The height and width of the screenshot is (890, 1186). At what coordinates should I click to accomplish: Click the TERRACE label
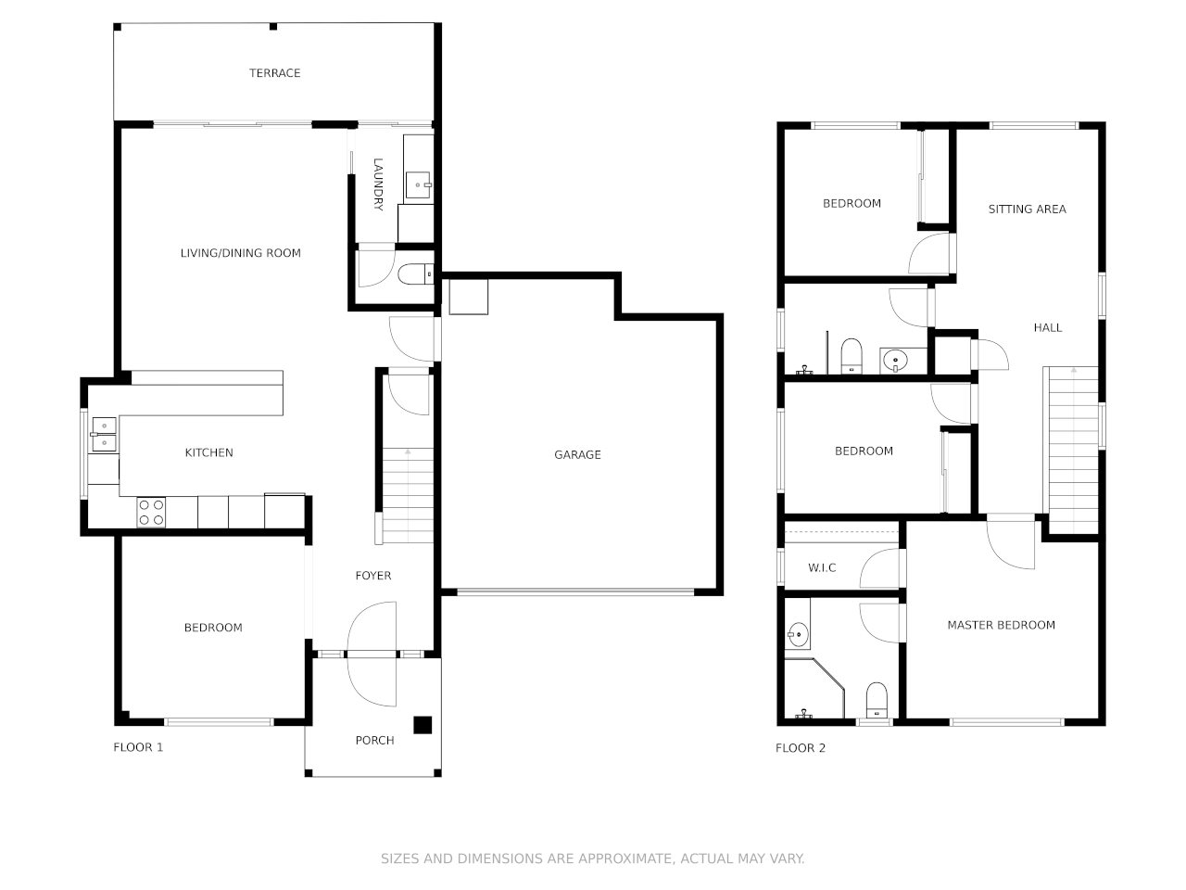pos(274,73)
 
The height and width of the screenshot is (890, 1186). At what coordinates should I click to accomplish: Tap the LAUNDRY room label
pos(378,184)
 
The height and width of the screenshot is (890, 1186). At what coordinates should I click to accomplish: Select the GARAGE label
pos(577,454)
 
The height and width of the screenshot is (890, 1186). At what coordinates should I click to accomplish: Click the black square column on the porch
pos(423,725)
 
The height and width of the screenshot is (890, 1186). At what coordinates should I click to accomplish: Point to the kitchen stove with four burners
pos(151,513)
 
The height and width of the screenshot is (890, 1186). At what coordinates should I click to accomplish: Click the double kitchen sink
pos(104,435)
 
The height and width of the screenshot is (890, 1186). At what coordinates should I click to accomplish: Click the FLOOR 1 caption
pos(138,747)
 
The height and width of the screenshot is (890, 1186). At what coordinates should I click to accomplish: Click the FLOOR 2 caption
pos(801,748)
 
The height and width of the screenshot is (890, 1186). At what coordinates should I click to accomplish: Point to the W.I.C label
pos(822,567)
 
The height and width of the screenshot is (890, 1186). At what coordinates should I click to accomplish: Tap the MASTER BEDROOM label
pos(1001,625)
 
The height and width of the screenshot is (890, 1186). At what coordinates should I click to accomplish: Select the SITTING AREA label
pos(1027,210)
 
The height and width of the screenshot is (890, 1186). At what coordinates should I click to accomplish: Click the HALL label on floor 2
pos(1048,327)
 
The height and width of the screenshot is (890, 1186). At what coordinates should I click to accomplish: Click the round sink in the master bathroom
pos(798,635)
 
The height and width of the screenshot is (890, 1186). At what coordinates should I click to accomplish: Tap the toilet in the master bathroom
pos(876,700)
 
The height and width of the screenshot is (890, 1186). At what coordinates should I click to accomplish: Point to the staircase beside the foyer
pos(408,496)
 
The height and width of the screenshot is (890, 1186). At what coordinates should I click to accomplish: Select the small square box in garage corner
pos(468,297)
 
